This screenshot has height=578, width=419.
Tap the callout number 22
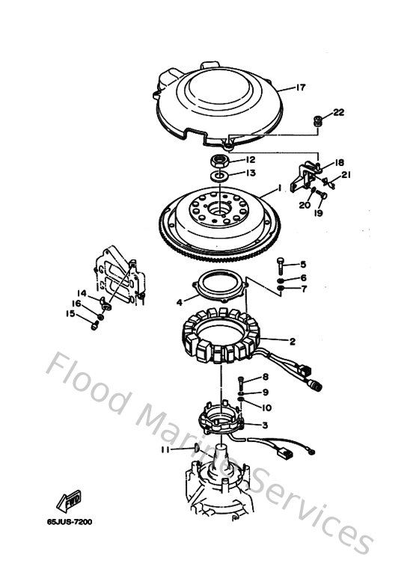(338, 113)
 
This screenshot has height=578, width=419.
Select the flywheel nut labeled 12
(221, 159)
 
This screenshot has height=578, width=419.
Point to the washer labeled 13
(219, 175)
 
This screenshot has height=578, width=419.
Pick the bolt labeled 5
(279, 264)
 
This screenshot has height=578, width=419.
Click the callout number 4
(179, 303)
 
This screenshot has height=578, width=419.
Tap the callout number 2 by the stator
(293, 342)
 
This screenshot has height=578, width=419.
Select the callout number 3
(264, 425)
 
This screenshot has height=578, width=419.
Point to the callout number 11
(165, 449)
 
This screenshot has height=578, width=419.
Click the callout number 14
(82, 292)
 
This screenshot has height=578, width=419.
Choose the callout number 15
(72, 314)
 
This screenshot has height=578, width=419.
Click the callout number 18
(339, 163)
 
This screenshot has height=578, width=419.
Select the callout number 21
(345, 175)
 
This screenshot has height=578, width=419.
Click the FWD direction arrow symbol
(68, 498)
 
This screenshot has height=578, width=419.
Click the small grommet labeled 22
(317, 120)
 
